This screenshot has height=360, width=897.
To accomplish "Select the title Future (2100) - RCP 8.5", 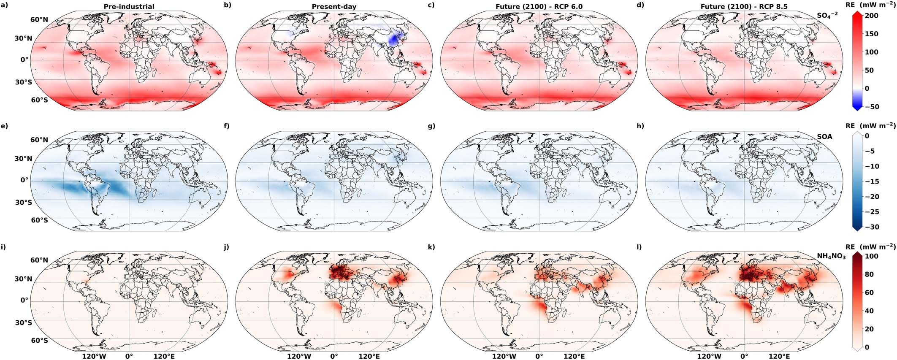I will [x=743, y=7].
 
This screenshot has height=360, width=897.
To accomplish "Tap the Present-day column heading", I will [x=334, y=7].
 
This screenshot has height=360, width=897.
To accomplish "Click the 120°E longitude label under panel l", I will [x=779, y=356].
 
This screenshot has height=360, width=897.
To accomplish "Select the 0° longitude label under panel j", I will [x=334, y=356].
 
